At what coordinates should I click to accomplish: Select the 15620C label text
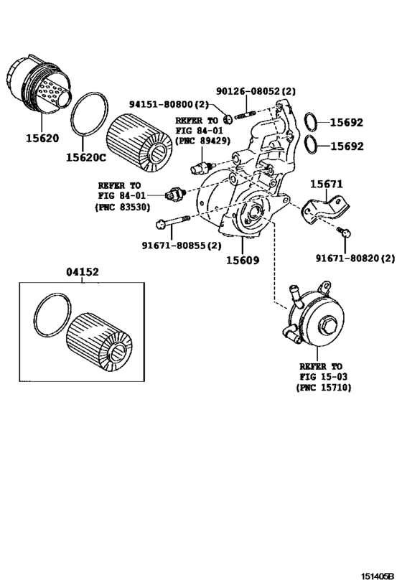pyautogui.click(x=85, y=156)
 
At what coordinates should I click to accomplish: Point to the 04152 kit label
pyautogui.click(x=83, y=272)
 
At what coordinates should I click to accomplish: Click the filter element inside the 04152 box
pyautogui.click(x=100, y=340)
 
